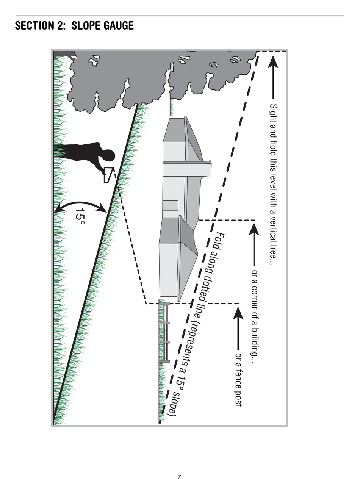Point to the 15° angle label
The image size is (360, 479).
click(80, 216)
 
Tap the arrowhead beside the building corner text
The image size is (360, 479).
click(254, 230)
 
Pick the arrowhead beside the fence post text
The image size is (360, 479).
click(238, 313)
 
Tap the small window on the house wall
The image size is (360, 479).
click(170, 205)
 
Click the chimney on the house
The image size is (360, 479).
click(187, 169)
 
